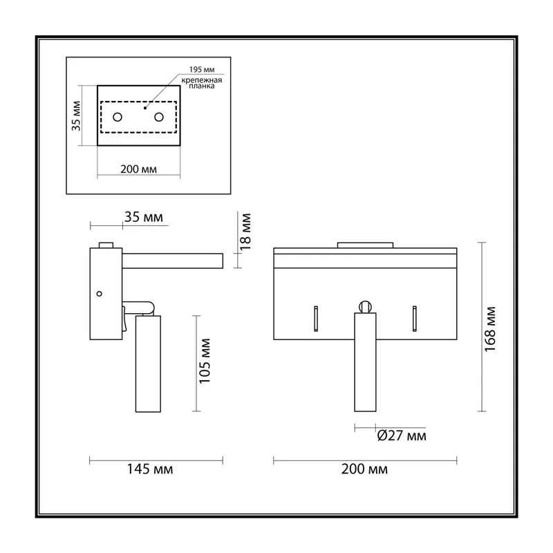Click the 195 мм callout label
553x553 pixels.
click(202, 70)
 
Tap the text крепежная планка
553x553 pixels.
click(202, 83)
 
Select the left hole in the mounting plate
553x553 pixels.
click(118, 117)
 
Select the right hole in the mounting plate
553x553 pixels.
click(159, 117)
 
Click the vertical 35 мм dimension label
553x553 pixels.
click(76, 115)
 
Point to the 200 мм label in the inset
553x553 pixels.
click(139, 169)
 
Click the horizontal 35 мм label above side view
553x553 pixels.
click(144, 217)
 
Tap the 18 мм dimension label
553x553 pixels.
click(245, 232)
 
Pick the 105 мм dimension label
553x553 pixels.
click(205, 361)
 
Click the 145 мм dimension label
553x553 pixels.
click(150, 469)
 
